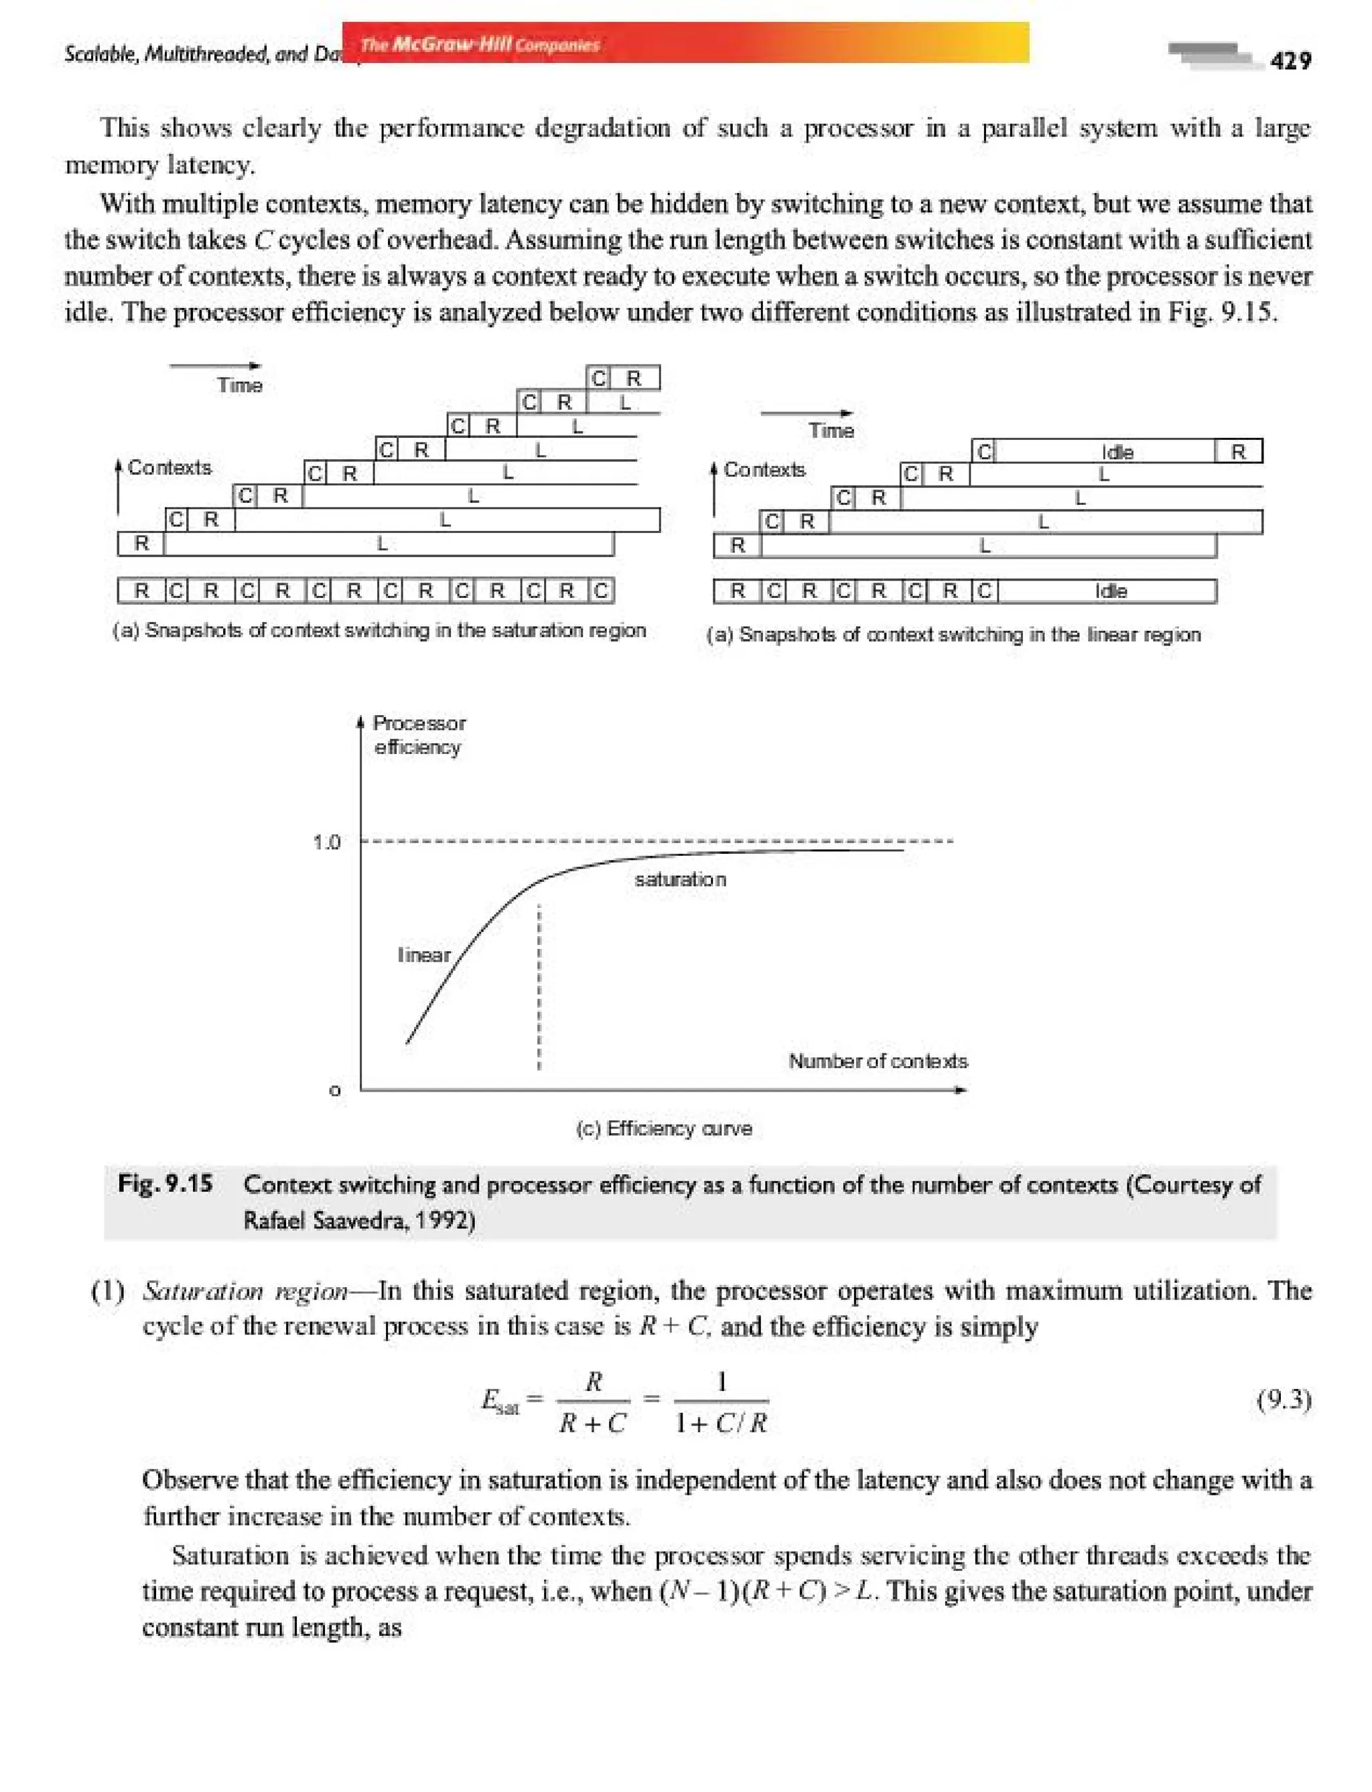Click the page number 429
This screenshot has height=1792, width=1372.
click(x=1290, y=61)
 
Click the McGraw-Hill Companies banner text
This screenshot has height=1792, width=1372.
click(x=480, y=44)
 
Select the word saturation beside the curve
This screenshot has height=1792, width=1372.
click(x=679, y=879)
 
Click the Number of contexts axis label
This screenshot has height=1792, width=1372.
click(x=877, y=1061)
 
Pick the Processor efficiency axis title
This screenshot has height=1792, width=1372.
click(x=418, y=735)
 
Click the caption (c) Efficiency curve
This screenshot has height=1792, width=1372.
click(x=663, y=1128)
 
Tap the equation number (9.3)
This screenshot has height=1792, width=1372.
click(x=1283, y=1401)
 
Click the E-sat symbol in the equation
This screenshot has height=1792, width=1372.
click(x=499, y=1402)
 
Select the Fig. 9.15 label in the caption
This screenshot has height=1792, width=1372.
click(x=165, y=1183)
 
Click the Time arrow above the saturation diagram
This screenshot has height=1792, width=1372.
click(x=215, y=366)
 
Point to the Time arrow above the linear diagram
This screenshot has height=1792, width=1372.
click(x=806, y=413)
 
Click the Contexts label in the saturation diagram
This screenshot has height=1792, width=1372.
click(x=169, y=467)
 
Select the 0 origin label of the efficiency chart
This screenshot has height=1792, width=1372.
click(x=334, y=1091)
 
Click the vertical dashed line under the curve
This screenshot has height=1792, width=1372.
click(x=539, y=988)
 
